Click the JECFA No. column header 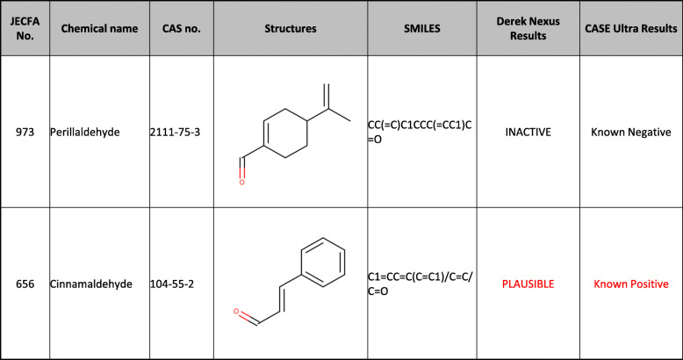coord(25,28)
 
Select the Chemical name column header coord(99,28)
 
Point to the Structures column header coord(290,28)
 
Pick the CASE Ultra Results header coord(631,28)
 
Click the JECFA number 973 coord(25,132)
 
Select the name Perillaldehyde coord(94,132)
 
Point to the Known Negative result coord(631,132)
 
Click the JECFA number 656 coord(25,284)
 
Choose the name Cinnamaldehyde coord(98,284)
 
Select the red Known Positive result coord(631,284)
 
